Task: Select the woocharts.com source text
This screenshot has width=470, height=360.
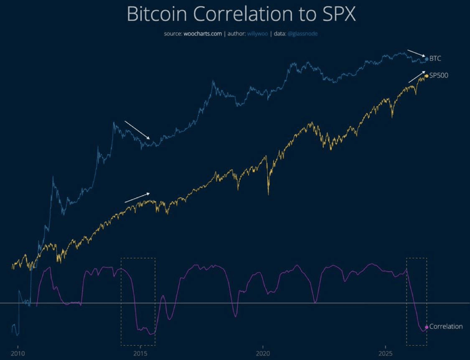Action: click(203, 33)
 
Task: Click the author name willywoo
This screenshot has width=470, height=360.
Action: click(257, 33)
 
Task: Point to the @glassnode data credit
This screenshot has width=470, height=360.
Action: click(302, 33)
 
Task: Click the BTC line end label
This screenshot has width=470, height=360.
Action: click(435, 59)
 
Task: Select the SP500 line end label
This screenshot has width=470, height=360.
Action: click(439, 75)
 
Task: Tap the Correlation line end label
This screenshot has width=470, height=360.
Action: click(446, 327)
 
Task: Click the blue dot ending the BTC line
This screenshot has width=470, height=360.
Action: click(427, 59)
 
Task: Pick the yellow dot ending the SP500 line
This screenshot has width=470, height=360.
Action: click(427, 76)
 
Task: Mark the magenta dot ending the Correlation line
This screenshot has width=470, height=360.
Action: click(427, 327)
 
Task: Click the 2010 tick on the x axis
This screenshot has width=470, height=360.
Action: click(18, 353)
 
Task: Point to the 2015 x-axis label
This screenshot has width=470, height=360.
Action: click(140, 353)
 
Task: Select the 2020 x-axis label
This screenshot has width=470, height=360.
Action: click(263, 353)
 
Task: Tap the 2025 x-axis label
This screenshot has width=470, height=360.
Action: click(386, 353)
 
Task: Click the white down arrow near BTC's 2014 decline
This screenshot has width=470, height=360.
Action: click(137, 130)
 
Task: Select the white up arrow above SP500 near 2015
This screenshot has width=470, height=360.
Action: click(137, 198)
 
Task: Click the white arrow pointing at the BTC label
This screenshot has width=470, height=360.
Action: click(417, 54)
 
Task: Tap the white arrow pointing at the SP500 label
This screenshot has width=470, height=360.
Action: click(417, 77)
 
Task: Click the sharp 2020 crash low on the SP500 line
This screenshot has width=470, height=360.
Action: click(268, 194)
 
